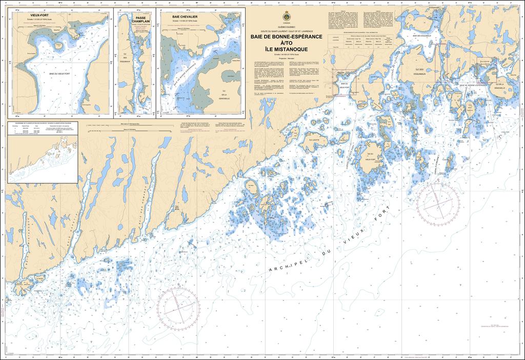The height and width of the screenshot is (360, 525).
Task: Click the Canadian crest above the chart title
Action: (x=286, y=15)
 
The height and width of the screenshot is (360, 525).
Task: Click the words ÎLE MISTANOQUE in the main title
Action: (x=286, y=49)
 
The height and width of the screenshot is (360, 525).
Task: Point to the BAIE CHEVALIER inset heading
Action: (x=186, y=16)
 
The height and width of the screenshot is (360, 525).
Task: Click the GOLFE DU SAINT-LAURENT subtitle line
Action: (x=286, y=32)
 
